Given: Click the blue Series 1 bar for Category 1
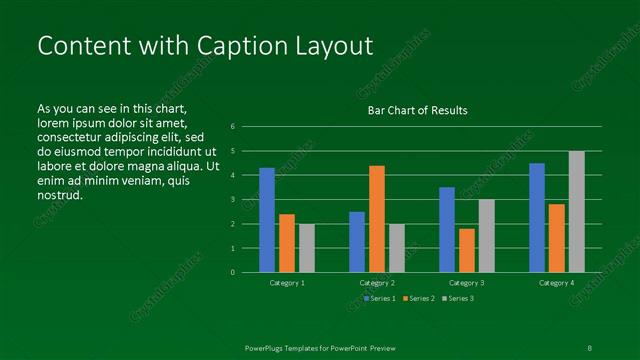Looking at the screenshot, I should [x=267, y=220].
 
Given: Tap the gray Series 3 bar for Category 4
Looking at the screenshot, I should [x=577, y=212].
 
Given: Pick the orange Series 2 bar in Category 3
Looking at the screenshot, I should [x=467, y=250].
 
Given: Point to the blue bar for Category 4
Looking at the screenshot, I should [x=537, y=218].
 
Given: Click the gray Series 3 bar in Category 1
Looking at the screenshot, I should [x=307, y=248].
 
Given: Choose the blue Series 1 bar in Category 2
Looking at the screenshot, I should [x=357, y=242].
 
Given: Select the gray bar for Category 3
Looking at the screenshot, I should [x=487, y=236].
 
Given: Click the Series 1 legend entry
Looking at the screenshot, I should [x=381, y=298].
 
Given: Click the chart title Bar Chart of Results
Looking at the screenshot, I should [x=417, y=110].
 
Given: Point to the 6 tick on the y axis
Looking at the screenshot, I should [x=232, y=127].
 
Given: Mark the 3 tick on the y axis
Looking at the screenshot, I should [x=232, y=200].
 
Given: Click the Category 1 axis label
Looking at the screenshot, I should [x=288, y=283].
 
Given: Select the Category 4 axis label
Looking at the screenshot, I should [x=557, y=283].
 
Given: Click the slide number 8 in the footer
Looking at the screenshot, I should [x=589, y=347].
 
